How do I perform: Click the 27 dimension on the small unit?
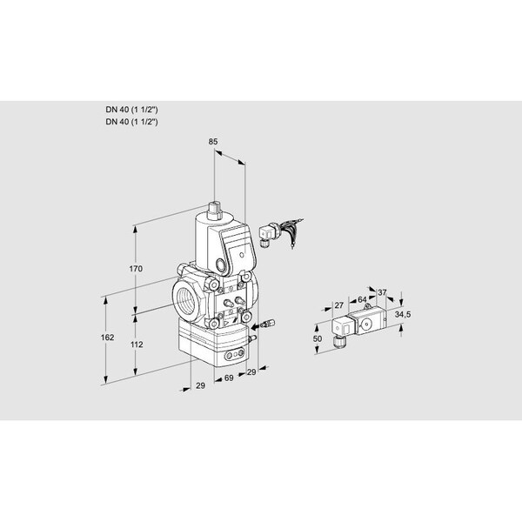click(339, 305)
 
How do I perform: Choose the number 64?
click(360, 300)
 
